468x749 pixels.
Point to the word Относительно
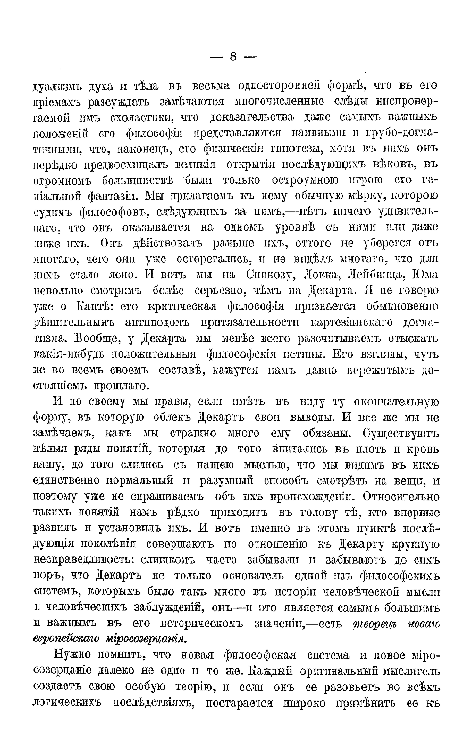(x=401, y=497)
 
